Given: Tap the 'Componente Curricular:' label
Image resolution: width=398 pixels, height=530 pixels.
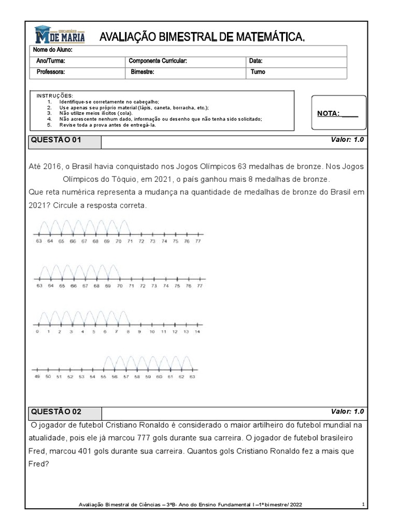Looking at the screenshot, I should pyautogui.click(x=158, y=61).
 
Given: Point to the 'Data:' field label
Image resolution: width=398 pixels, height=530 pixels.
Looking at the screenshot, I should pyautogui.click(x=256, y=61).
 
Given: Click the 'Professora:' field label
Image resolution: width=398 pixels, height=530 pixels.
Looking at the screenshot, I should pyautogui.click(x=50, y=72).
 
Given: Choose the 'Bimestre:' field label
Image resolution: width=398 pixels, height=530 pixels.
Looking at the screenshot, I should pyautogui.click(x=143, y=72).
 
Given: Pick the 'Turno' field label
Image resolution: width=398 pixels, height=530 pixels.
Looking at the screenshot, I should pyautogui.click(x=258, y=72).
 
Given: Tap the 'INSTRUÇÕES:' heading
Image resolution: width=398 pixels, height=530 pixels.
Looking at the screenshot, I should pyautogui.click(x=55, y=96).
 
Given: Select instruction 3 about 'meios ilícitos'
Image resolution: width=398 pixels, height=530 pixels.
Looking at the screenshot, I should pyautogui.click(x=96, y=113).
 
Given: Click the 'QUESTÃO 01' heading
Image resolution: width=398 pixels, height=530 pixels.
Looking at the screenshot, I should pyautogui.click(x=56, y=140).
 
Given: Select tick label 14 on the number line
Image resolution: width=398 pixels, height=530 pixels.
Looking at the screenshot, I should pyautogui.click(x=197, y=332).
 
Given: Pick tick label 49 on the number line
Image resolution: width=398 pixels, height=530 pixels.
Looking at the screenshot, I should pyautogui.click(x=37, y=377).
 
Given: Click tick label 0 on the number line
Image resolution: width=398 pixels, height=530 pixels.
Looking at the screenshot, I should pyautogui.click(x=37, y=332).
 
